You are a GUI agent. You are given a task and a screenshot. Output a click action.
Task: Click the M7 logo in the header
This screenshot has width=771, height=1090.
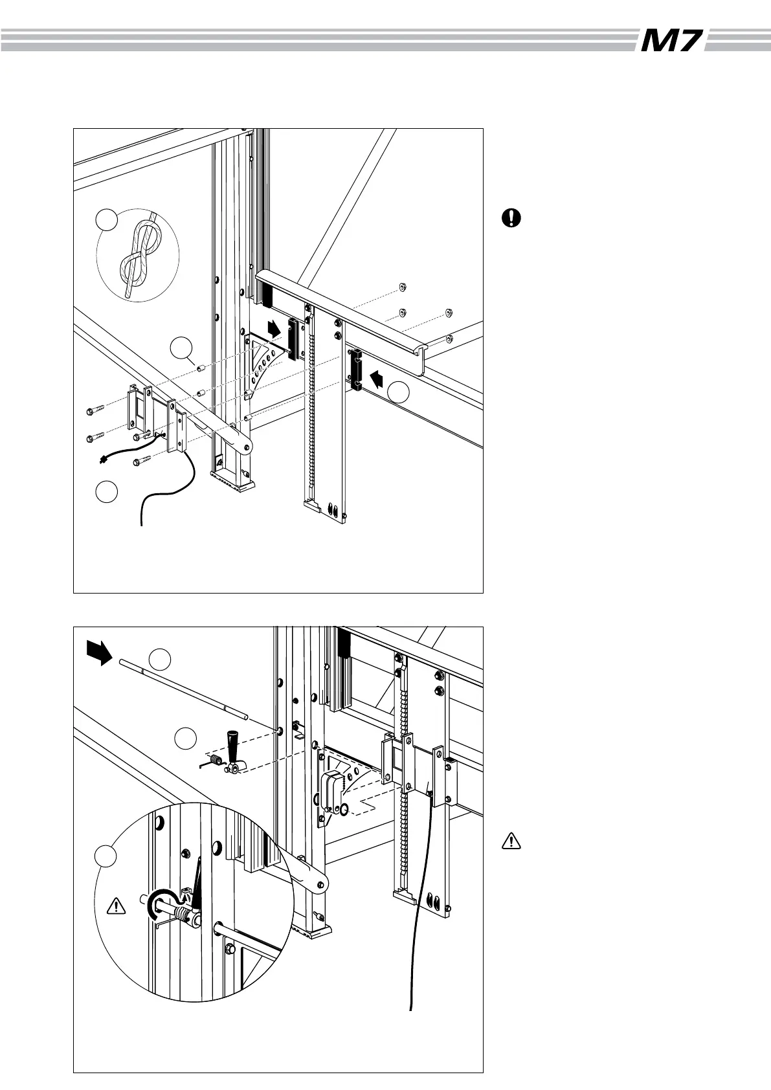(x=671, y=41)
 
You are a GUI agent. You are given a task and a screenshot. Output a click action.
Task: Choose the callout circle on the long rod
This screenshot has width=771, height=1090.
(x=161, y=660)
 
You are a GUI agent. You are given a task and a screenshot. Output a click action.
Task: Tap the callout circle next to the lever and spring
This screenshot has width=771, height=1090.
(x=186, y=738)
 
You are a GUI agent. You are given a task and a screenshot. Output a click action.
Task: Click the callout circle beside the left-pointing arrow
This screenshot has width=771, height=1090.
(x=399, y=392)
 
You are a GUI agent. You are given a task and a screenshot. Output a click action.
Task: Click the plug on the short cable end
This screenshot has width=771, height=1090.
(x=102, y=460)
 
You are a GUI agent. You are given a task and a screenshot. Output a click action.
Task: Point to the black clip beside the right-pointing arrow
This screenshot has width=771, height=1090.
(x=295, y=339)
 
